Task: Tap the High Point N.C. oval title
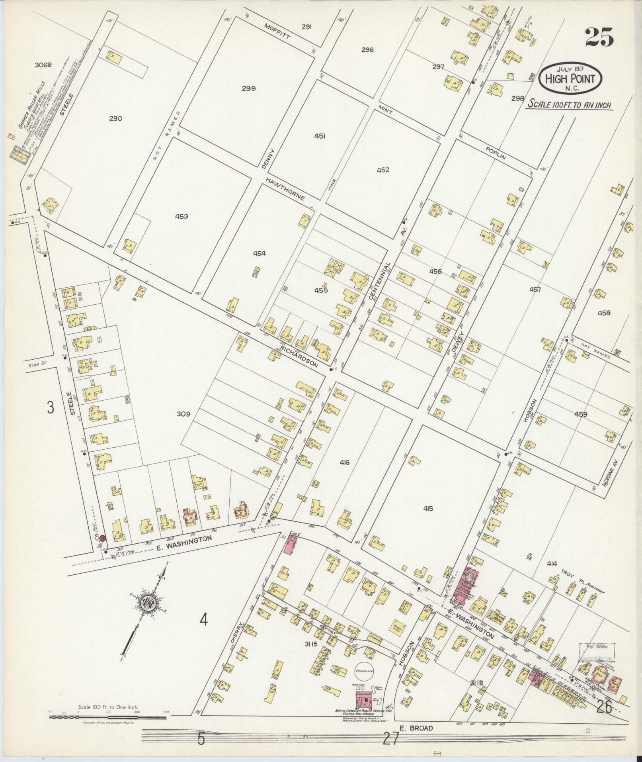[570, 78]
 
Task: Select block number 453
[181, 217]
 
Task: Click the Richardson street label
[300, 355]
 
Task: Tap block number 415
[428, 509]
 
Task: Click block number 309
[183, 414]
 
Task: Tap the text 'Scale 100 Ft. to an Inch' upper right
[569, 105]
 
